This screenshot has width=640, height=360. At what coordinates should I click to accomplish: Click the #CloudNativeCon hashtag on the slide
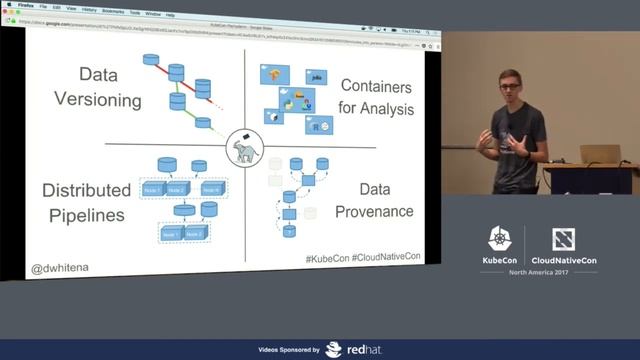pyautogui.click(x=387, y=258)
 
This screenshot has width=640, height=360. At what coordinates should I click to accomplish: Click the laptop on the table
pyautogui.click(x=599, y=155)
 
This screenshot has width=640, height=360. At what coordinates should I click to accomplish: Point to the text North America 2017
pyautogui.click(x=536, y=273)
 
